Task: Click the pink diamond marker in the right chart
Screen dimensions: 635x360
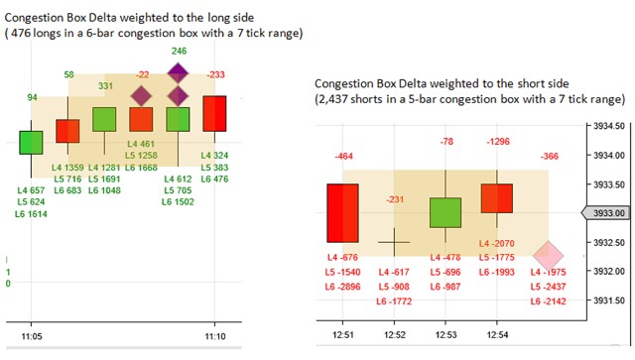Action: (548, 256)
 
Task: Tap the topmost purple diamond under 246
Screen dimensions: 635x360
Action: (179, 73)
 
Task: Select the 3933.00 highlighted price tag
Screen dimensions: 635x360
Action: (606, 213)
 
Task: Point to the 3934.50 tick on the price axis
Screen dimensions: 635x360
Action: (609, 126)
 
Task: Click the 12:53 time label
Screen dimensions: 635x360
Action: (445, 335)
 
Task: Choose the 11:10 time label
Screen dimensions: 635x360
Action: (215, 336)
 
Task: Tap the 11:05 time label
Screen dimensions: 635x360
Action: (32, 336)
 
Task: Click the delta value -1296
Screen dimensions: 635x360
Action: (498, 142)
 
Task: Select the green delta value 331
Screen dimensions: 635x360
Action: (105, 86)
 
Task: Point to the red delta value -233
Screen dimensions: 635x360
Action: (216, 74)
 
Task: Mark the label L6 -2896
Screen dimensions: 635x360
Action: (342, 287)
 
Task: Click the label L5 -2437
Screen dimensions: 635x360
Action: (548, 287)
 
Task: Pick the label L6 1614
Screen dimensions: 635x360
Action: (31, 214)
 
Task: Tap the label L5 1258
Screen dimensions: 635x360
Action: (141, 156)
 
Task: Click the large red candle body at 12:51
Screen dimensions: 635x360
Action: (342, 213)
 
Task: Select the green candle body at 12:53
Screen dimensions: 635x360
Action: (445, 212)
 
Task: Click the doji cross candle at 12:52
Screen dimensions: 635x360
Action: (394, 242)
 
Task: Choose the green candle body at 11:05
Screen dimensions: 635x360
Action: (31, 143)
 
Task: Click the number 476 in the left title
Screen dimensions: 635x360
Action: (21, 33)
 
